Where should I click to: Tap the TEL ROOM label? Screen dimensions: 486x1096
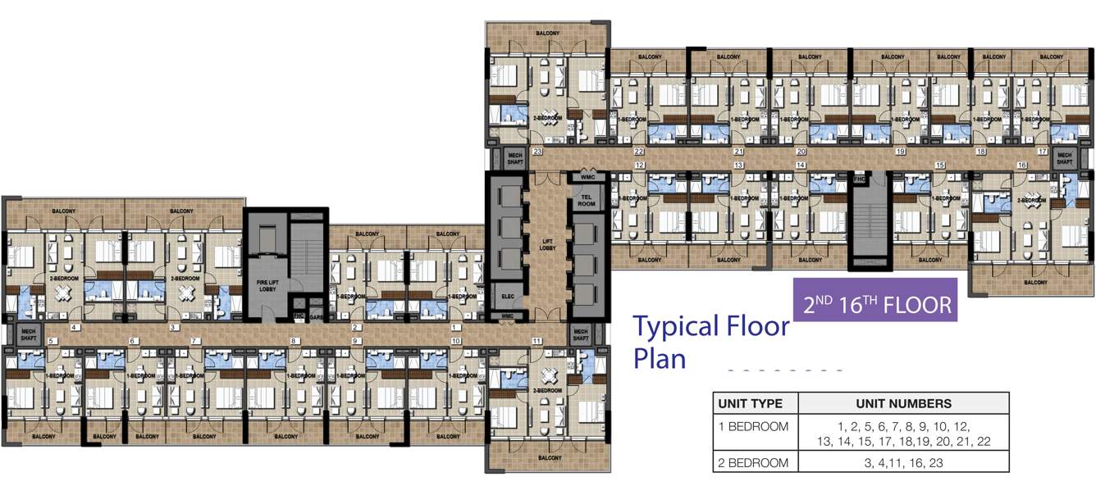click(x=587, y=201)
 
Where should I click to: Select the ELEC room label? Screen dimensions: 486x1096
click(x=506, y=296)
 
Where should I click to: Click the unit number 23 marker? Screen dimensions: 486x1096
click(x=537, y=152)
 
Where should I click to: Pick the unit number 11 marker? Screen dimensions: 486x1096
click(x=537, y=340)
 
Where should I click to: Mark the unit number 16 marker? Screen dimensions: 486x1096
click(x=1021, y=165)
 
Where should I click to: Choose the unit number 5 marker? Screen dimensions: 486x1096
click(x=51, y=340)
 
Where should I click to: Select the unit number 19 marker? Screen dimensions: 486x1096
click(x=900, y=152)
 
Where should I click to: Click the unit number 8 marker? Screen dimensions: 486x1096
click(x=293, y=340)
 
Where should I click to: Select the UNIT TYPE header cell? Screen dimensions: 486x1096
click(x=756, y=403)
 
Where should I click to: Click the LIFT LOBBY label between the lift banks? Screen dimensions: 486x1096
click(x=548, y=243)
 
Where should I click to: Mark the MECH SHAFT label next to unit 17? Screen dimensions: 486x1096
click(x=1064, y=159)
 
